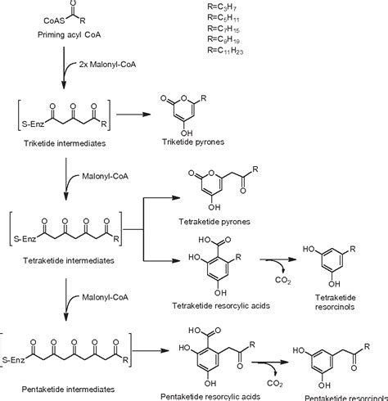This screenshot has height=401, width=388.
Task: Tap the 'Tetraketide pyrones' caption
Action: pyautogui.click(x=214, y=221)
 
